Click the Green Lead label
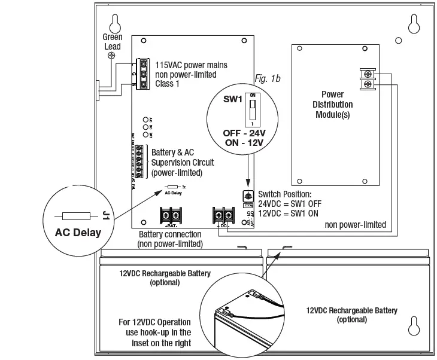tap(112, 42)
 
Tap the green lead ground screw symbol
tap(111, 56)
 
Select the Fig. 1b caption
tap(268, 78)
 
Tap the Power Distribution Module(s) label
tap(332, 104)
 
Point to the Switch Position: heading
tap(284, 194)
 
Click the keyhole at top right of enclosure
tap(412, 24)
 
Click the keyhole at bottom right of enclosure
tap(412, 330)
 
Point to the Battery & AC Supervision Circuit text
tap(183, 162)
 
